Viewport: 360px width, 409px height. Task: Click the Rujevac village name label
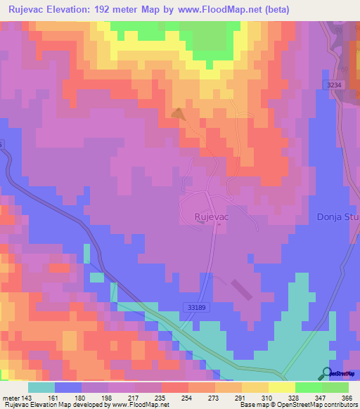pyautogui.click(x=212, y=218)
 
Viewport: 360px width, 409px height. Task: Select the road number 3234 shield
pyautogui.click(x=336, y=85)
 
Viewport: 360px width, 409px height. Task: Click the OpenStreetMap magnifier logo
pyautogui.click(x=327, y=373)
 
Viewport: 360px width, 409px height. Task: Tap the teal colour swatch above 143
pyautogui.click(x=41, y=387)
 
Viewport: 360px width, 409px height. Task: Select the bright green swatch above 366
pyautogui.click(x=335, y=387)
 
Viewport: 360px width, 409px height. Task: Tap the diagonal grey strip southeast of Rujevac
pyautogui.click(x=240, y=289)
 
